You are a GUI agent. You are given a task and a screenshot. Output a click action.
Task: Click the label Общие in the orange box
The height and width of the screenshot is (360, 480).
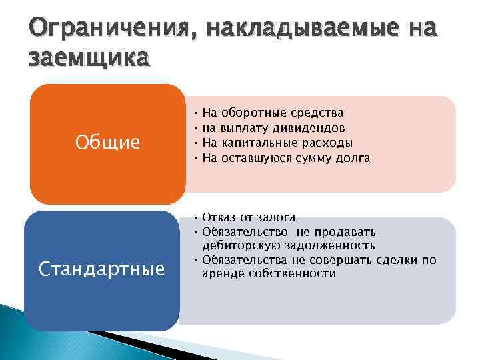click(x=107, y=142)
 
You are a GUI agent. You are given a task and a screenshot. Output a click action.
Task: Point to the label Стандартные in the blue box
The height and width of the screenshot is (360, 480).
click(x=101, y=269)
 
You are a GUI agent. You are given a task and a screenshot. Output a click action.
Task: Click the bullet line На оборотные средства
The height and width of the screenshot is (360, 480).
click(x=273, y=113)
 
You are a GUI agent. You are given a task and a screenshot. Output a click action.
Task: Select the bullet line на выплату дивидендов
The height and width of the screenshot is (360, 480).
click(x=273, y=128)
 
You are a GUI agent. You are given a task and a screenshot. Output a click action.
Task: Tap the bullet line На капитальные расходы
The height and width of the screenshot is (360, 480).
click(x=277, y=143)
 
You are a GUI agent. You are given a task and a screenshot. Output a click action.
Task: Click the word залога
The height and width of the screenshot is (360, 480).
click(x=277, y=217)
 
